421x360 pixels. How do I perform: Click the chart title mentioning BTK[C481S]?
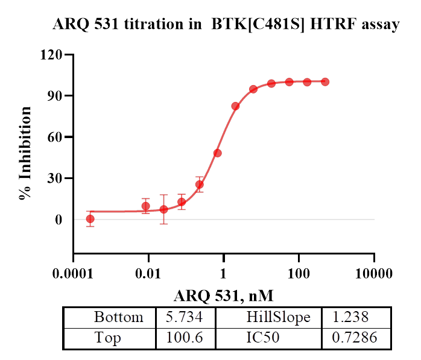pyautogui.click(x=226, y=25)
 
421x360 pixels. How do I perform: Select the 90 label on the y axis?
pyautogui.click(x=54, y=96)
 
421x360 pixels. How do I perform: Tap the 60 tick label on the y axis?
pyautogui.click(x=54, y=137)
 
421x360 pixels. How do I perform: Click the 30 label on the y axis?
pyautogui.click(x=54, y=178)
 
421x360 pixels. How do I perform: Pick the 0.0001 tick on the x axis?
pyautogui.click(x=72, y=273)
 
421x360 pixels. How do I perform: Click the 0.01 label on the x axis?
pyautogui.click(x=148, y=273)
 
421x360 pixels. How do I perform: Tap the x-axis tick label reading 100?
pyautogui.click(x=299, y=273)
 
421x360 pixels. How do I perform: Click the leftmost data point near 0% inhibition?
pyautogui.click(x=90, y=219)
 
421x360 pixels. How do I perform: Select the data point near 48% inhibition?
pyautogui.click(x=218, y=153)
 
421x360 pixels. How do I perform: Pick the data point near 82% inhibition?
pyautogui.click(x=235, y=106)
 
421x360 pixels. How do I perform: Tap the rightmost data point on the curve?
pyautogui.click(x=325, y=82)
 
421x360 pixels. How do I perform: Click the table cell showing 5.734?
pyautogui.click(x=185, y=318)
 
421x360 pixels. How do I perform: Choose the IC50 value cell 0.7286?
pyautogui.click(x=355, y=338)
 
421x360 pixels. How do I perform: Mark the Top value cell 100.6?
pyautogui.click(x=185, y=338)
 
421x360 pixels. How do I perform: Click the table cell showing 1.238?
pyautogui.click(x=355, y=318)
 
